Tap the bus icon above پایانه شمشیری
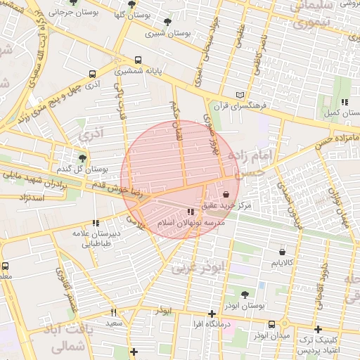click(x=139, y=60)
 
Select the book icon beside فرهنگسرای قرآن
click(x=241, y=95)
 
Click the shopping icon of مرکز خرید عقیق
click(x=226, y=194)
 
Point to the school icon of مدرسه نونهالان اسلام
click(x=191, y=212)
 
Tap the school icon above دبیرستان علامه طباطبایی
click(x=96, y=223)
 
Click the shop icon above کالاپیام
click(x=282, y=252)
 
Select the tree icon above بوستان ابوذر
click(x=245, y=295)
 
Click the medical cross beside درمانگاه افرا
click(x=212, y=314)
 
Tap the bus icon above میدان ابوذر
click(x=271, y=324)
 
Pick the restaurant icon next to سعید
click(x=113, y=311)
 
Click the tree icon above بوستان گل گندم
click(x=82, y=158)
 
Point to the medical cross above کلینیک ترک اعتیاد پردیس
click(x=318, y=328)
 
